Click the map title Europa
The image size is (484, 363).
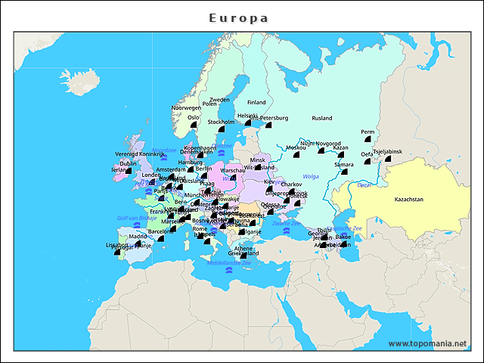click(238, 17)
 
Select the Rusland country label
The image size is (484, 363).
click(322, 118)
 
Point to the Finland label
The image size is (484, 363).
click(256, 102)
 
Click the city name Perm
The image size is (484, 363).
click(368, 132)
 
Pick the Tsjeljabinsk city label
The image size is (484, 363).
click(388, 151)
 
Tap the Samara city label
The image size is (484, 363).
click(344, 164)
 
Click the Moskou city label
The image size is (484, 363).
click(296, 147)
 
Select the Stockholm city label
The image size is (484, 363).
click(221, 122)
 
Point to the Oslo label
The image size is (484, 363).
click(194, 118)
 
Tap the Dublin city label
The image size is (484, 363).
click(129, 163)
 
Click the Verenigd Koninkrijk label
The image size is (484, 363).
click(139, 154)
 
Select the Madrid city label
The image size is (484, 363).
click(138, 236)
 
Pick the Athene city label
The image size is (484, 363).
click(244, 248)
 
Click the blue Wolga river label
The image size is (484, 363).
click(312, 176)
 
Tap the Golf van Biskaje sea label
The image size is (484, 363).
click(136, 218)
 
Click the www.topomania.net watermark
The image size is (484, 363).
click(427, 343)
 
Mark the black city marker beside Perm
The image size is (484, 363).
click(367, 141)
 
